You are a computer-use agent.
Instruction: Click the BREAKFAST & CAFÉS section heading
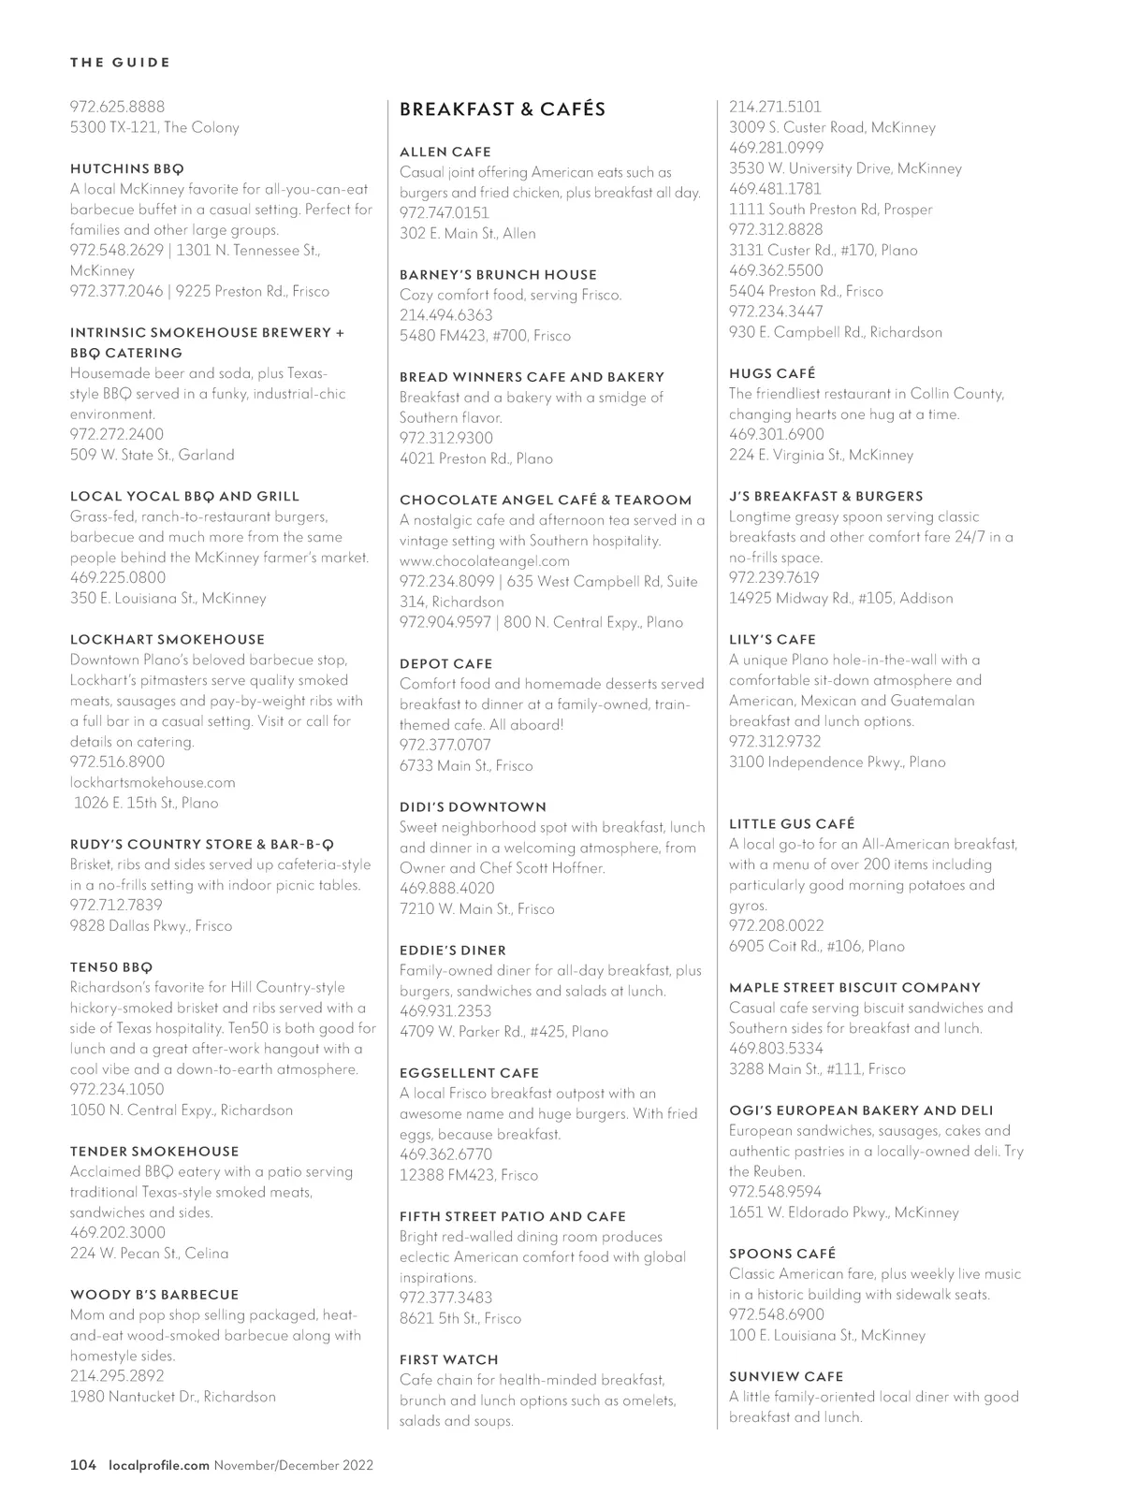click(503, 109)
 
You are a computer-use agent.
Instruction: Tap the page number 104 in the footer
click(83, 1465)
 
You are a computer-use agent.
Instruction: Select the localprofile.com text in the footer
click(158, 1465)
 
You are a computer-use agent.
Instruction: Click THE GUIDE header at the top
click(120, 63)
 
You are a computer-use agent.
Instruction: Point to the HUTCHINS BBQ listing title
click(127, 168)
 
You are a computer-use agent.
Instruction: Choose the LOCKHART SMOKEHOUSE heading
click(168, 639)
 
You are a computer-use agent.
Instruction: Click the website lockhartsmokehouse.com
click(153, 782)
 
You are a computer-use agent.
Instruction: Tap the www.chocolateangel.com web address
click(485, 561)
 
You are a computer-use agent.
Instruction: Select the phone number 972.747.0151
click(445, 212)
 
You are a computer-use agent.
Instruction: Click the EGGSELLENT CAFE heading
click(470, 1072)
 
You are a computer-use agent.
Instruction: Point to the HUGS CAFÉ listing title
click(772, 372)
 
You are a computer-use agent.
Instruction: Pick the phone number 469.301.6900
click(777, 434)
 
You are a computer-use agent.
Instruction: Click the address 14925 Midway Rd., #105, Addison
click(840, 598)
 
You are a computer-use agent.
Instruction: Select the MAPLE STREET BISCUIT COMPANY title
click(855, 987)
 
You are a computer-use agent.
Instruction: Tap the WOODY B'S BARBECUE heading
click(154, 1295)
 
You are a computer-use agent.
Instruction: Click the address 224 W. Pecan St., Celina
click(150, 1253)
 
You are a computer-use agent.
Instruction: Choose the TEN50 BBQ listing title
click(111, 966)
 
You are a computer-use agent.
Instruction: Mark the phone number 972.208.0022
click(777, 925)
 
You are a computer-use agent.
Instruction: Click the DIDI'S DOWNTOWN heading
click(473, 806)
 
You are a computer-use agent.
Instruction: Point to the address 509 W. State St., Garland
click(153, 455)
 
